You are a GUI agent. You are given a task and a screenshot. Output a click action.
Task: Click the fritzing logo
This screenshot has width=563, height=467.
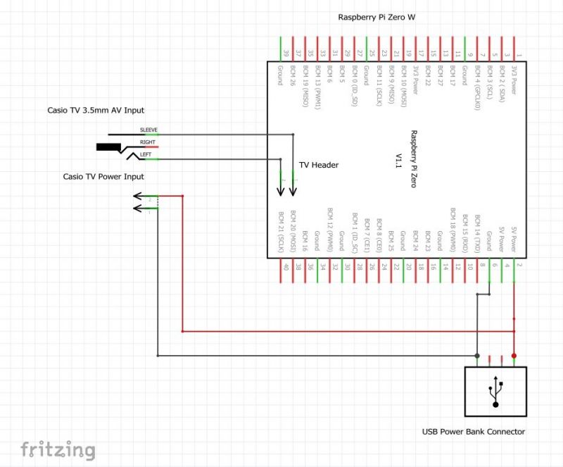pyautogui.click(x=58, y=449)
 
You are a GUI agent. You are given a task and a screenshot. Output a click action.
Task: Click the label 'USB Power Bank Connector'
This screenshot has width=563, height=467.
pyautogui.click(x=473, y=432)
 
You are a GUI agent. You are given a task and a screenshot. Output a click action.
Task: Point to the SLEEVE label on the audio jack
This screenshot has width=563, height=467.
pyautogui.click(x=148, y=130)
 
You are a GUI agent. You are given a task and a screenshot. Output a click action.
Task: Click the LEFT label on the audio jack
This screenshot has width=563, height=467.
pyautogui.click(x=146, y=154)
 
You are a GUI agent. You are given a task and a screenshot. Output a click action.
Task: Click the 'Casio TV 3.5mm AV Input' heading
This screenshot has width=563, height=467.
pyautogui.click(x=101, y=110)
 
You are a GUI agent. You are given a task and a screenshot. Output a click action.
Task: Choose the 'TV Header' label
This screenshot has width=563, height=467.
pyautogui.click(x=319, y=165)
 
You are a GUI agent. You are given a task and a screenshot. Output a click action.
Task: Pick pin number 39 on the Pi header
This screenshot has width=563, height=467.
pyautogui.click(x=286, y=53)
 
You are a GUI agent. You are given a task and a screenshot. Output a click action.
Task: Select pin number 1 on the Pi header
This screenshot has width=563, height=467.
pyautogui.click(x=519, y=54)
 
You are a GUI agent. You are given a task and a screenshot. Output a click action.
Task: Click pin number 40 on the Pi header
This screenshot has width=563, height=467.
pyautogui.click(x=285, y=266)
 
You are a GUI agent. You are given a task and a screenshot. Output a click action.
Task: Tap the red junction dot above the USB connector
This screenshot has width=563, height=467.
pyautogui.click(x=514, y=356)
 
